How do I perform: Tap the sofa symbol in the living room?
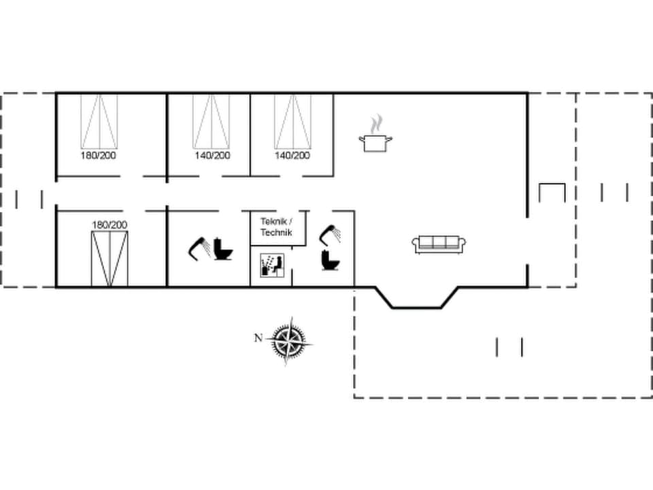(x=440, y=244)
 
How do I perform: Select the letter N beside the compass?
(x=258, y=338)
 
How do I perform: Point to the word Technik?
(x=275, y=233)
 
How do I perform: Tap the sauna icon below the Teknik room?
(x=270, y=264)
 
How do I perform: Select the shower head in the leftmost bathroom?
(x=199, y=246)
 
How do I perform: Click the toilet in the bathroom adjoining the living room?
(x=331, y=259)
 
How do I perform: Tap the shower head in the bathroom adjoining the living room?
(x=329, y=233)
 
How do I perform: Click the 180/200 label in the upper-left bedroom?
(x=99, y=155)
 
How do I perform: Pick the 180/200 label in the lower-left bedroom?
(x=110, y=224)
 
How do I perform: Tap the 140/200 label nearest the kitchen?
(x=292, y=155)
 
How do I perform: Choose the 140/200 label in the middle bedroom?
(x=212, y=155)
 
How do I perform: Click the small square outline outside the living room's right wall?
(x=552, y=193)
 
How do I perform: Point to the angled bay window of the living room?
(x=417, y=299)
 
